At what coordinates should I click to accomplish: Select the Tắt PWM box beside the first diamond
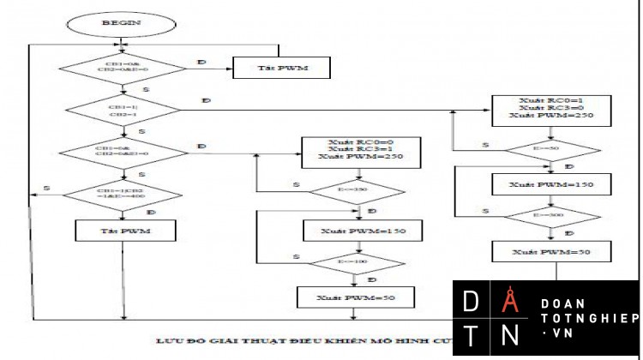tap(282, 67)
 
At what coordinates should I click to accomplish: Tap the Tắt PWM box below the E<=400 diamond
tap(127, 231)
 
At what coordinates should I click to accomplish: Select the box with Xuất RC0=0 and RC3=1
tap(361, 150)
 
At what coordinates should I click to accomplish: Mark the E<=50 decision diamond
tap(551, 149)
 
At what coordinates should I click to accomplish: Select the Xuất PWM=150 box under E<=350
tap(361, 231)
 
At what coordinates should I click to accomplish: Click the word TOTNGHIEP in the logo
tap(590, 318)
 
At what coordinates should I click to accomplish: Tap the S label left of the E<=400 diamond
tap(45, 188)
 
